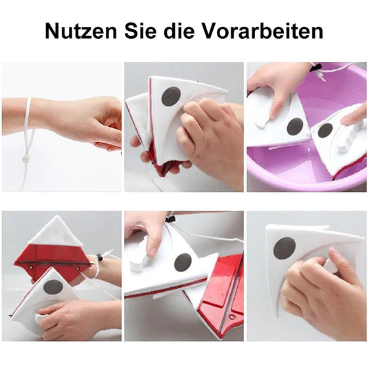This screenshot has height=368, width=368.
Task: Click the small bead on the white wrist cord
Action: pyautogui.click(x=25, y=158)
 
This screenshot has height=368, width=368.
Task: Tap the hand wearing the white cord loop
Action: pyautogui.click(x=92, y=122)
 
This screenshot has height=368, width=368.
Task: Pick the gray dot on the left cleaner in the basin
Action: pyautogui.click(x=295, y=126)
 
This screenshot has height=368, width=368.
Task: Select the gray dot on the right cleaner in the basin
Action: pyautogui.click(x=325, y=130)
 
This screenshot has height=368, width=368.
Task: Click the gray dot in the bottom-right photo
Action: pyautogui.click(x=284, y=248)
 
